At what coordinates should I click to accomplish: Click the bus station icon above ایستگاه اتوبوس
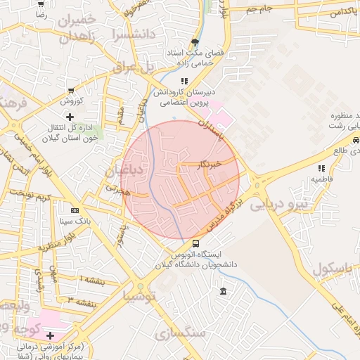click(x=195, y=243)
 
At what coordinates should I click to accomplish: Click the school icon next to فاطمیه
click(x=321, y=168)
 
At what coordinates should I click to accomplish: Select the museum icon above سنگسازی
click(x=223, y=292)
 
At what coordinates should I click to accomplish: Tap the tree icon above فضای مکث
click(x=195, y=42)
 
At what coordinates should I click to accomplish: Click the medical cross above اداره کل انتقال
click(x=69, y=116)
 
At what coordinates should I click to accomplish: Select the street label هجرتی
click(x=117, y=188)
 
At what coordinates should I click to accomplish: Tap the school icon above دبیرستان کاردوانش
click(x=185, y=82)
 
